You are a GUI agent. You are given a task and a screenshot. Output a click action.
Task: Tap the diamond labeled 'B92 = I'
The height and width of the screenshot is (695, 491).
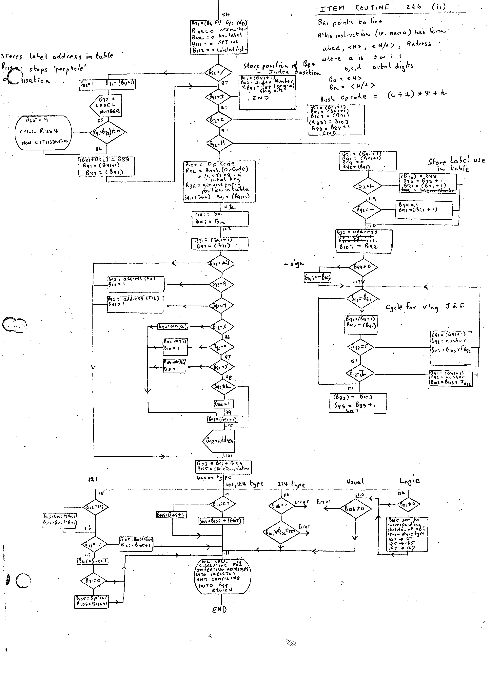218,97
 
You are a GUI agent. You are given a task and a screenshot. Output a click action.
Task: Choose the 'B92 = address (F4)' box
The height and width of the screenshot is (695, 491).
136,284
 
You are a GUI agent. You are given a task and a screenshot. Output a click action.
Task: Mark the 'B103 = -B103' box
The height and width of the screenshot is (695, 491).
317,277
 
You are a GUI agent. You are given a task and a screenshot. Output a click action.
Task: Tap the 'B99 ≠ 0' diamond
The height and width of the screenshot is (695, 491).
363,267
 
